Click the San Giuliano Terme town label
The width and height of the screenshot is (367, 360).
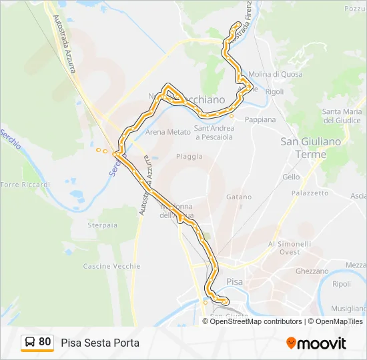[312, 147]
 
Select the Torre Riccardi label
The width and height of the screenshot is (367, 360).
[25, 184]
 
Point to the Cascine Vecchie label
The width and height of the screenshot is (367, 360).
[111, 266]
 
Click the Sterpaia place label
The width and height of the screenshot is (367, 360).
[102, 225]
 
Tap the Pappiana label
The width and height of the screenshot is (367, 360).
[260, 119]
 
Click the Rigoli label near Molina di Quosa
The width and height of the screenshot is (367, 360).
[274, 91]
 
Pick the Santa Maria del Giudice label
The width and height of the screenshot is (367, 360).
[342, 115]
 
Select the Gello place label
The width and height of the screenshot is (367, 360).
[291, 177]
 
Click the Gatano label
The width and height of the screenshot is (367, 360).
[239, 197]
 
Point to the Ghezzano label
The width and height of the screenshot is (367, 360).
[312, 271]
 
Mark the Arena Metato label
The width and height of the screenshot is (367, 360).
[168, 132]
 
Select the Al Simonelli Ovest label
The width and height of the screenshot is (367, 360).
[290, 248]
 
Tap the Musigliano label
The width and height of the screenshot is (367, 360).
[349, 309]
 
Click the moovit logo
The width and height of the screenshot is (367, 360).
[316, 343]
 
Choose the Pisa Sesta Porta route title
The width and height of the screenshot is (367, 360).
[100, 343]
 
